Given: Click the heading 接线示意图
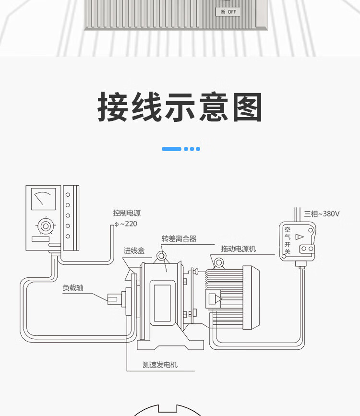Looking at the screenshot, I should [180, 108].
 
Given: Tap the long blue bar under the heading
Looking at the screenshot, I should [171, 149].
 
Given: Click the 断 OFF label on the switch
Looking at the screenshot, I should [228, 12].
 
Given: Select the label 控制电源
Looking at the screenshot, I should [127, 213].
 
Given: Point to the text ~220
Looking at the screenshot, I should [128, 224].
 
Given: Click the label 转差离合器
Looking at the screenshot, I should [179, 238].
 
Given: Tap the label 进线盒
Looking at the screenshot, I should [134, 250].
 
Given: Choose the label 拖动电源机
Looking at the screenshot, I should [238, 249].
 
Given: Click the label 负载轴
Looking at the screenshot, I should [73, 288].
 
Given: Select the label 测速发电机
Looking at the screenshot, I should [160, 365].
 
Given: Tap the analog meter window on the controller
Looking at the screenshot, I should [43, 199].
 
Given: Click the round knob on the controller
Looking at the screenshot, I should [45, 225].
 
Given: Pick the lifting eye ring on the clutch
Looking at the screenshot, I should [161, 255].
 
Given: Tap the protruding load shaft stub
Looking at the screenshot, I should [113, 298].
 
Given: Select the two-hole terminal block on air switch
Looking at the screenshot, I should [306, 249].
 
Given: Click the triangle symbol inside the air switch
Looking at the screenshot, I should [300, 237].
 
